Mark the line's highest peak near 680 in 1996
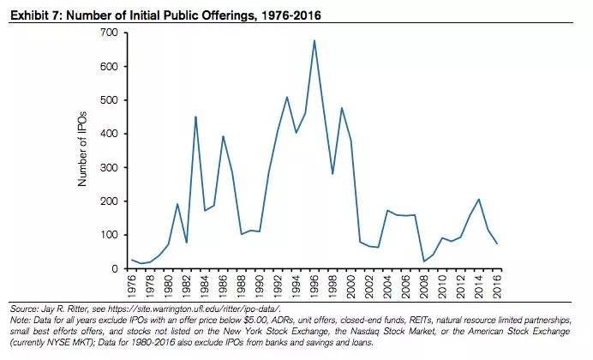314,40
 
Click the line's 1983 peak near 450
195,117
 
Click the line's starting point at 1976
131,260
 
